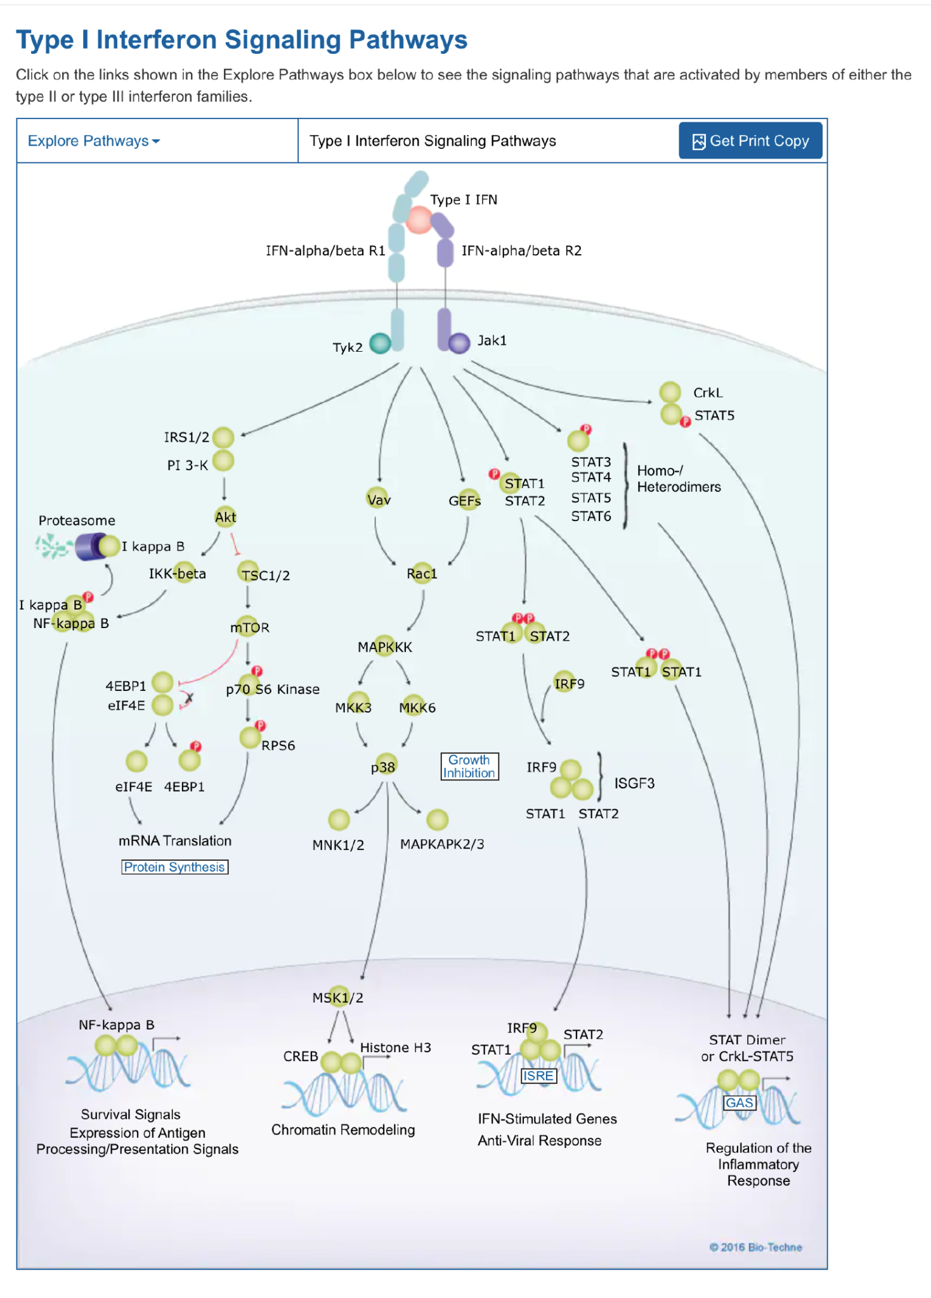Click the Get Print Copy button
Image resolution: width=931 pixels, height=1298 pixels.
coord(750,141)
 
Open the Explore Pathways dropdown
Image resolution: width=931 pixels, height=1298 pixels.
coord(94,141)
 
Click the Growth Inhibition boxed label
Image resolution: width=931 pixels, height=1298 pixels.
coord(469,766)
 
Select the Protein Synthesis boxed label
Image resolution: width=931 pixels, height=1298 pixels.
coord(174,867)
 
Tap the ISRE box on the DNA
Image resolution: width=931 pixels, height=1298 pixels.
coord(538,1076)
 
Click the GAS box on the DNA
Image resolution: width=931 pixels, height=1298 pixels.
coord(739,1103)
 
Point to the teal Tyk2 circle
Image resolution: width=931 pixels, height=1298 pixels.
coord(380,344)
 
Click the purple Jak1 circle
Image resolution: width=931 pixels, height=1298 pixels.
coord(459,343)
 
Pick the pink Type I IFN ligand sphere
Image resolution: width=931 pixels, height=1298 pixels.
coord(419,220)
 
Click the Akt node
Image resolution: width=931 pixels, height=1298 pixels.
coord(225,517)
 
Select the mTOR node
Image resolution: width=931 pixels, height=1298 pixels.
coord(249,627)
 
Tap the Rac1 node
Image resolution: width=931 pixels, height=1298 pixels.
coord(422,573)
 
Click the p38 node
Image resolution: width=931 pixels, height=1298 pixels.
coord(384,766)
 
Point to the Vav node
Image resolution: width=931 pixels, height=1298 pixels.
coord(379,499)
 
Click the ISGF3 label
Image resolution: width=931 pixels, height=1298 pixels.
coord(634,783)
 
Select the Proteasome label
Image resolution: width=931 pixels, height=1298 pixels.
coord(77,520)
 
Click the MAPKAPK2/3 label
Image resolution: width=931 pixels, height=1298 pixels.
coord(442,844)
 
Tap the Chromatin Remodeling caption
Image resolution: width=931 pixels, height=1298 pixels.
coord(343,1129)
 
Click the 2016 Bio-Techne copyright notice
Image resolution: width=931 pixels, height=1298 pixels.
coord(755,1247)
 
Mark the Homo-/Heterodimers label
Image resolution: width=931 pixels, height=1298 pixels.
coord(679,479)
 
